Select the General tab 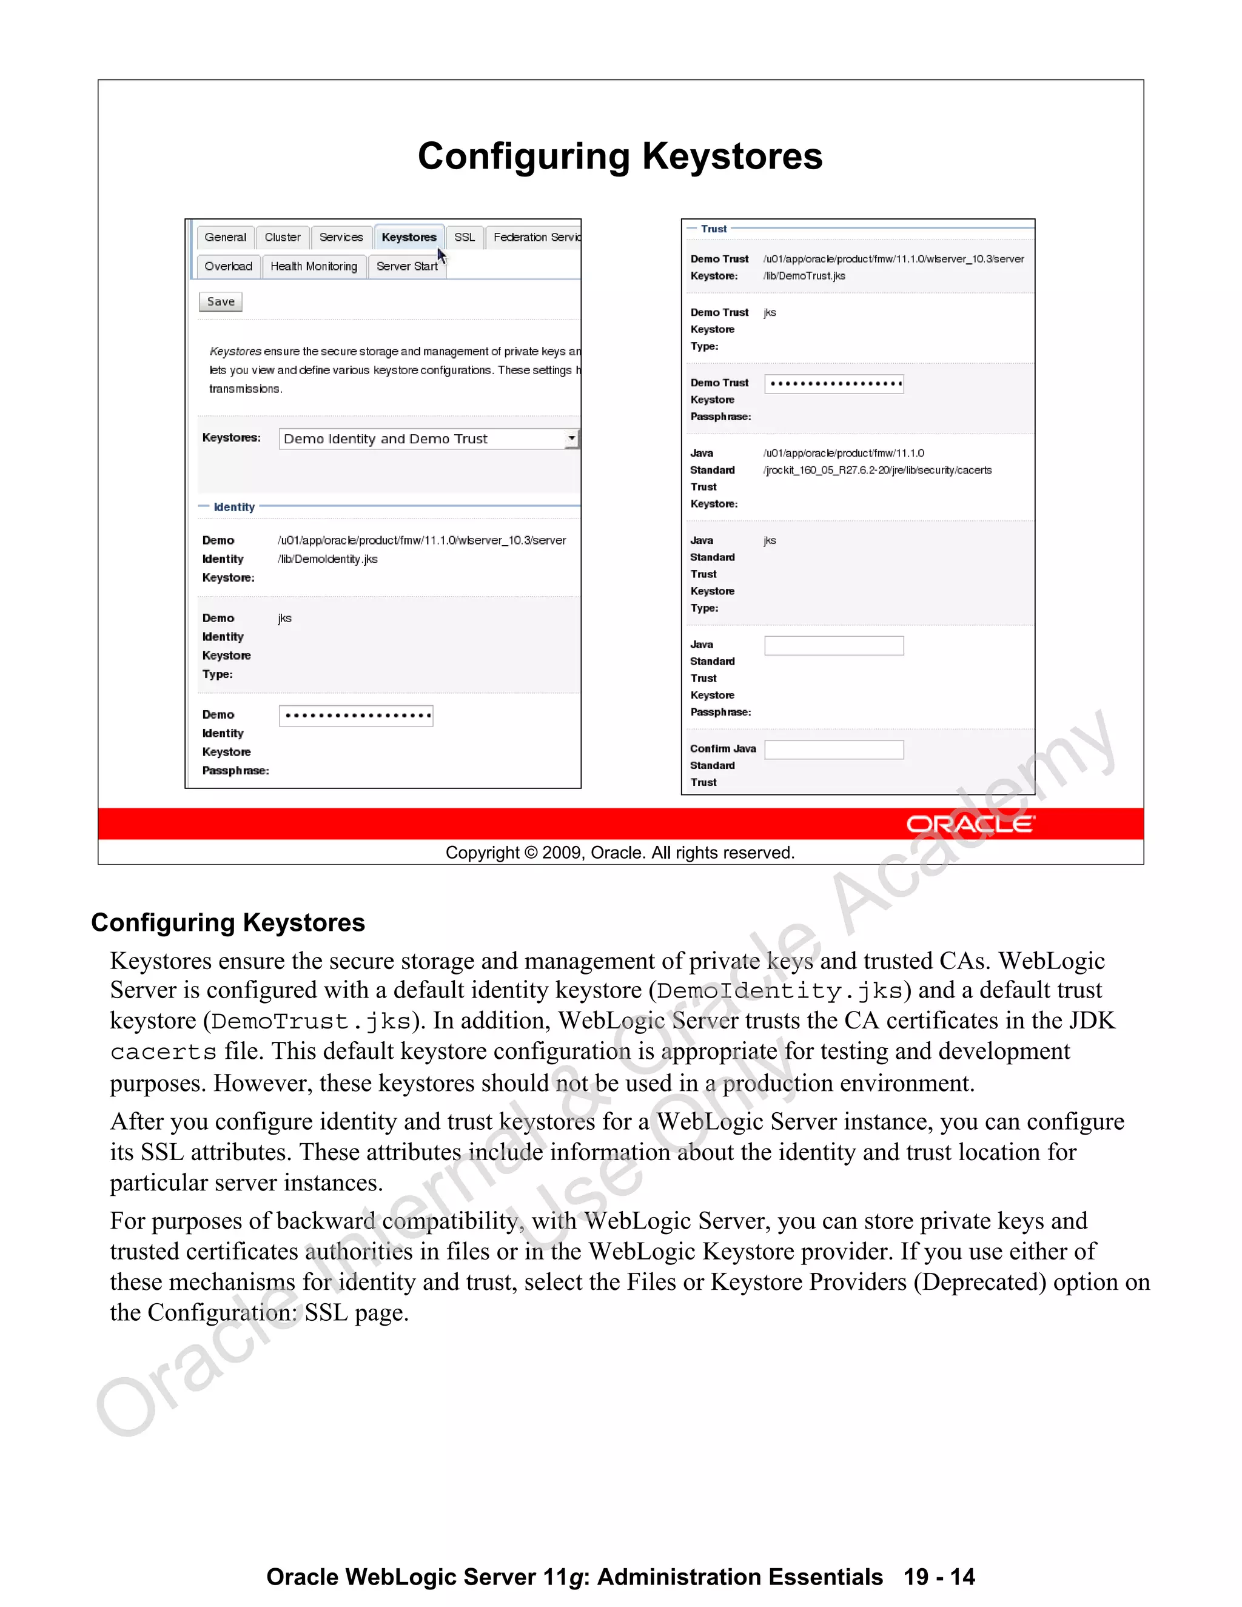point(225,237)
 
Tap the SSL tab point(465,237)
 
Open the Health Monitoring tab point(314,266)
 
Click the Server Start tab point(406,266)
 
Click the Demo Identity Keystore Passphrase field point(356,715)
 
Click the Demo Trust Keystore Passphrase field point(834,383)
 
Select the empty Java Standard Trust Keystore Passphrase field point(834,645)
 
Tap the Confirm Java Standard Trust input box point(834,749)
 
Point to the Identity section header point(234,507)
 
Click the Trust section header point(713,229)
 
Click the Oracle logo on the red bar point(970,824)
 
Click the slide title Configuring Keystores point(620,156)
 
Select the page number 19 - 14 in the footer point(939,1577)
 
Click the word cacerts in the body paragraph point(163,1052)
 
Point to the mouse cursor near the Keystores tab point(441,255)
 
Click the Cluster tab point(283,237)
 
